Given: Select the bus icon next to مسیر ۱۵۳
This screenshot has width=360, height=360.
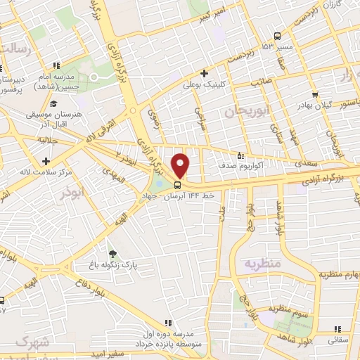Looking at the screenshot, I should [x=278, y=37].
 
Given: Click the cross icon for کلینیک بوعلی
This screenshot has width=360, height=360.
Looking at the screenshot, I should [x=204, y=73].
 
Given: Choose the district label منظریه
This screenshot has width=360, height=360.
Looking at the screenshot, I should [x=262, y=263].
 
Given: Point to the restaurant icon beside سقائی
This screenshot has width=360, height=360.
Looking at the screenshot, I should [x=336, y=328].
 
